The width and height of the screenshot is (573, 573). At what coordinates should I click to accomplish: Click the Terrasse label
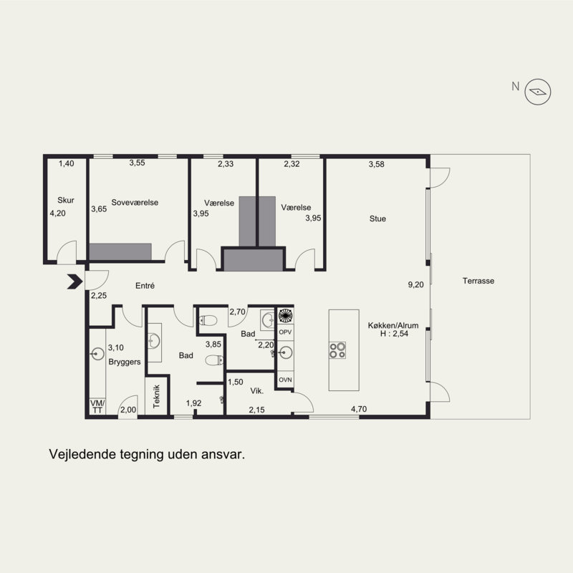pyautogui.click(x=478, y=281)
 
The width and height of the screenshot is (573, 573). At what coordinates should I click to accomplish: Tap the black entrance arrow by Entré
pyautogui.click(x=75, y=281)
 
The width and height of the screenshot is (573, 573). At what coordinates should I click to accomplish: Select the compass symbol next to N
pyautogui.click(x=538, y=92)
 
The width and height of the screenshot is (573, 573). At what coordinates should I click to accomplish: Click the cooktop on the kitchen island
pyautogui.click(x=337, y=350)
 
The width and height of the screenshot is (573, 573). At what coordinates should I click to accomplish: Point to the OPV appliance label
pyautogui.click(x=285, y=332)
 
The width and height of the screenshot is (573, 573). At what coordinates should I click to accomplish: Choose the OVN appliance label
pyautogui.click(x=285, y=380)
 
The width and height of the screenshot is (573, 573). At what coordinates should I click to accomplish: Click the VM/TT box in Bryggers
pyautogui.click(x=97, y=406)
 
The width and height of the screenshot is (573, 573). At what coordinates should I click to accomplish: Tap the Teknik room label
pyautogui.click(x=156, y=397)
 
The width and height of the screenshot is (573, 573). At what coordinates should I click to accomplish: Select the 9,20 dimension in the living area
pyautogui.click(x=416, y=284)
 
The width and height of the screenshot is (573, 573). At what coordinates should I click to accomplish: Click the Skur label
pyautogui.click(x=66, y=201)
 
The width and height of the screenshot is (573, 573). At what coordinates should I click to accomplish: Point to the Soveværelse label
pyautogui.click(x=135, y=203)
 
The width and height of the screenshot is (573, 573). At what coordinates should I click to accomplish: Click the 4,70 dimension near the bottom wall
pyautogui.click(x=359, y=409)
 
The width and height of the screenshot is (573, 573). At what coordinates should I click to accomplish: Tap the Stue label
pyautogui.click(x=377, y=218)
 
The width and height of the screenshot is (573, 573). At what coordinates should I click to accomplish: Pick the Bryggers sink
pyautogui.click(x=97, y=354)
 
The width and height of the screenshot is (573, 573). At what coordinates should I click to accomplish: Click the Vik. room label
pyautogui.click(x=257, y=391)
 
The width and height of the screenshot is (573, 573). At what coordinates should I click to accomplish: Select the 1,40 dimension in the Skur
pyautogui.click(x=67, y=164)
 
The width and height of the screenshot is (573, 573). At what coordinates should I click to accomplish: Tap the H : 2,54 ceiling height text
pyautogui.click(x=394, y=333)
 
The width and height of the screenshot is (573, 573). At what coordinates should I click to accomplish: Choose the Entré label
pyautogui.click(x=145, y=286)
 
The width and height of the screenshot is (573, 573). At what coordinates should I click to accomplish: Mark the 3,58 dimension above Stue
pyautogui.click(x=377, y=165)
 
